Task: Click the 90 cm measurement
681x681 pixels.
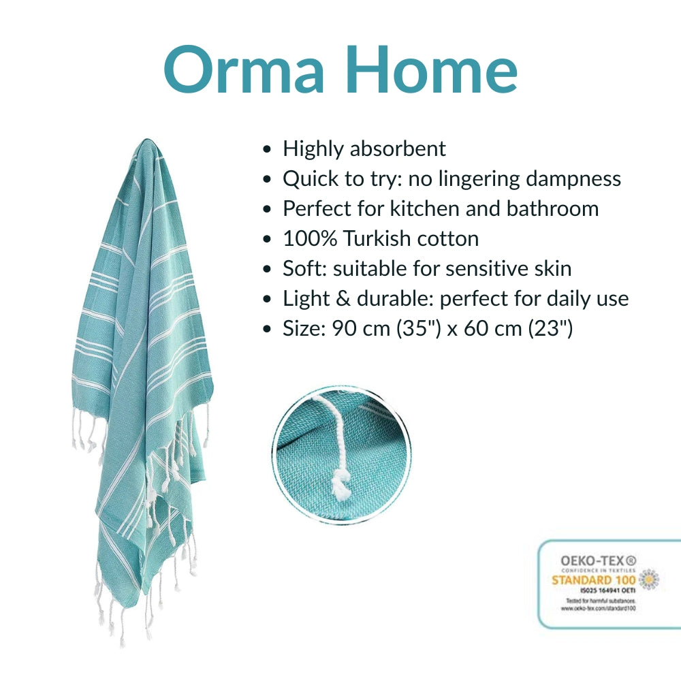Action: coord(359,329)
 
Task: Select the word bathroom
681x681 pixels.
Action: coord(552,208)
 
